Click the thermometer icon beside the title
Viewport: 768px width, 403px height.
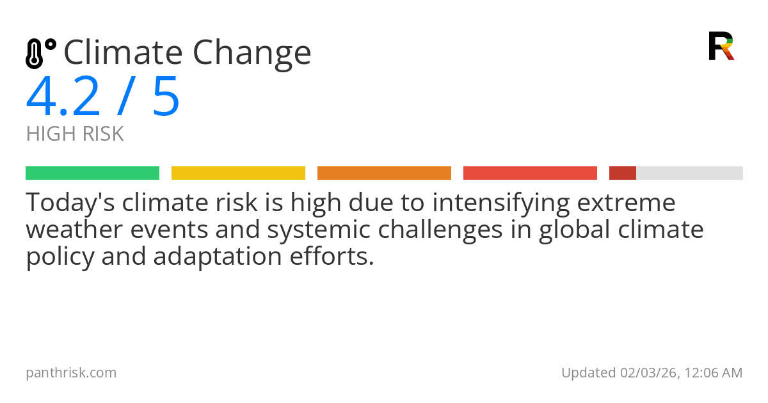click(x=40, y=54)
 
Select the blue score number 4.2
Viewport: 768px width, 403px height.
click(x=63, y=97)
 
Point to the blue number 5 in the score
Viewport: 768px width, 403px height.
click(x=166, y=97)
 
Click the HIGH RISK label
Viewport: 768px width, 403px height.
click(x=75, y=134)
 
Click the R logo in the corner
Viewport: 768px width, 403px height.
click(x=721, y=46)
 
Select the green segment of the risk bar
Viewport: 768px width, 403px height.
click(x=92, y=173)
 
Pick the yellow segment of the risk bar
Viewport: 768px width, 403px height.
click(x=238, y=173)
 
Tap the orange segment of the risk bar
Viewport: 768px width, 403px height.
click(x=384, y=173)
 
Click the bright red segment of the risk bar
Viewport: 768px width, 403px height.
click(x=530, y=173)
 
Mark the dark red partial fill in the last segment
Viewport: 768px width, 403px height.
click(x=622, y=173)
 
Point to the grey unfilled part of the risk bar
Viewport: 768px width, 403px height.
click(x=689, y=173)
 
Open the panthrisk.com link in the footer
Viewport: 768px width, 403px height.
click(x=71, y=373)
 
